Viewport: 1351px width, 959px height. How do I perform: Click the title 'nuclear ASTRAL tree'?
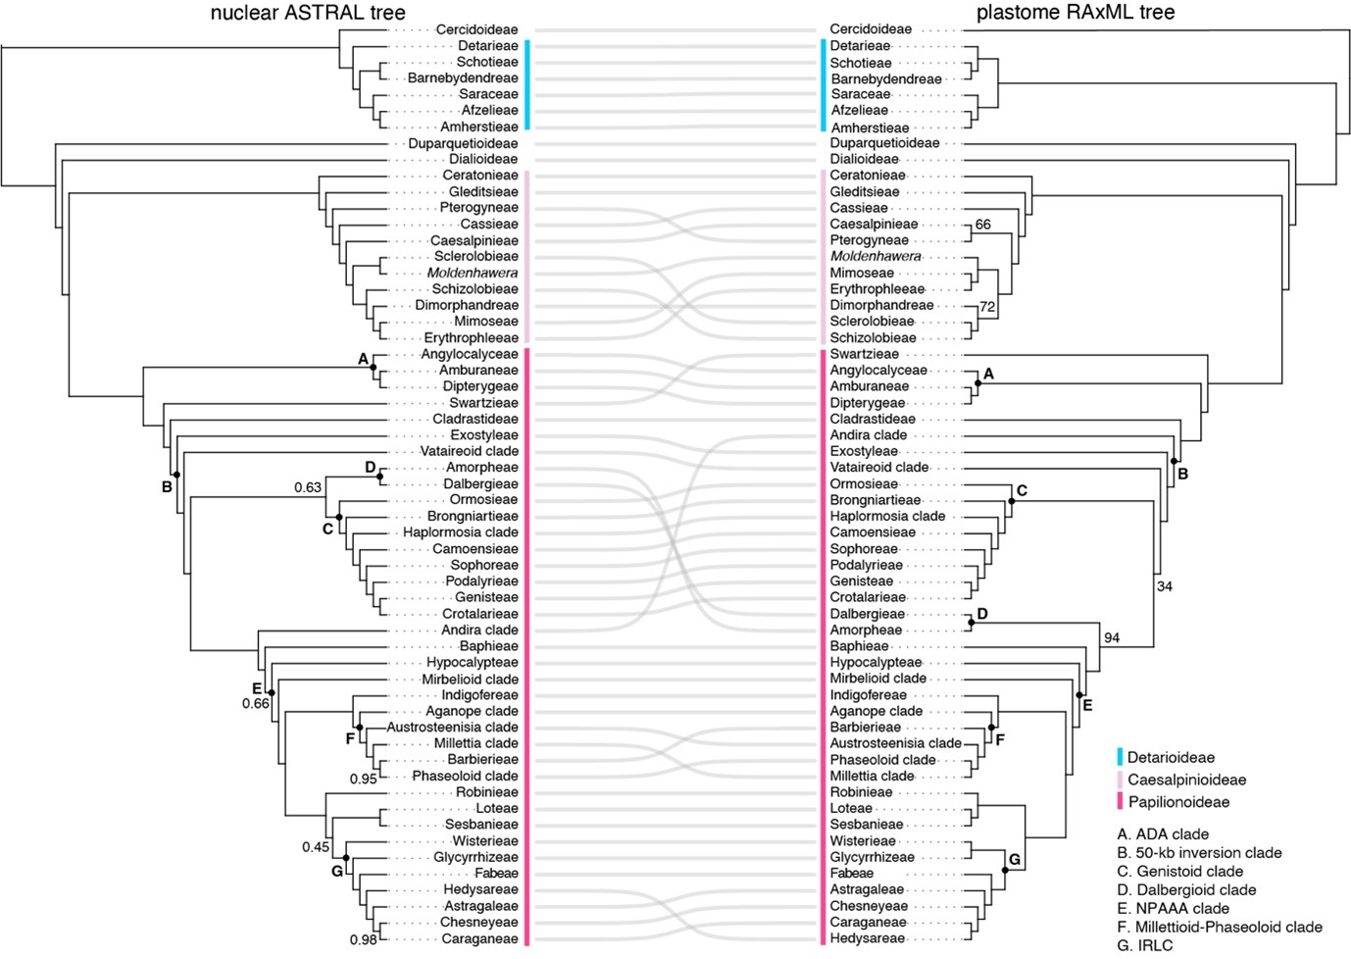(x=308, y=12)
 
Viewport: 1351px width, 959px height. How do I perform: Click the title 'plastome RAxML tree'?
(x=1076, y=12)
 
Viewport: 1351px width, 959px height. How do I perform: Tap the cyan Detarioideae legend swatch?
(x=1121, y=757)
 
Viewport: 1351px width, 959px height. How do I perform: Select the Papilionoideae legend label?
(x=1178, y=802)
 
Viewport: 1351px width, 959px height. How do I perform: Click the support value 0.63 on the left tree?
(x=308, y=487)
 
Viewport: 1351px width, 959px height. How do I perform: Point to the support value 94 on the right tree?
(x=1112, y=638)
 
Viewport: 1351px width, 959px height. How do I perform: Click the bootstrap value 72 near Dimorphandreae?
(x=987, y=307)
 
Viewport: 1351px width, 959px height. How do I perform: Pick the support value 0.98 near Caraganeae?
(x=363, y=940)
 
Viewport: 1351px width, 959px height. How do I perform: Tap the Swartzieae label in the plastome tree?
(x=864, y=354)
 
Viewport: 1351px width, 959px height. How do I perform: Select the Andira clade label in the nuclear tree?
(x=480, y=630)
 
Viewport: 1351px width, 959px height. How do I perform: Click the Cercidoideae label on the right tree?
(x=871, y=29)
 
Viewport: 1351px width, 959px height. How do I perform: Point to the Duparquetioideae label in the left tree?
(x=463, y=143)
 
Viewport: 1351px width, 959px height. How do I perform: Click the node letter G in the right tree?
(x=1015, y=860)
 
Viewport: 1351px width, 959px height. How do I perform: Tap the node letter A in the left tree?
(x=363, y=359)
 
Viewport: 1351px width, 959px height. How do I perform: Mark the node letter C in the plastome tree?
(x=1022, y=490)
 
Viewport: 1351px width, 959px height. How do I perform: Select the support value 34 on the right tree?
(x=1165, y=586)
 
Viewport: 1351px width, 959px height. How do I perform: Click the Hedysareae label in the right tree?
(x=868, y=938)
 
